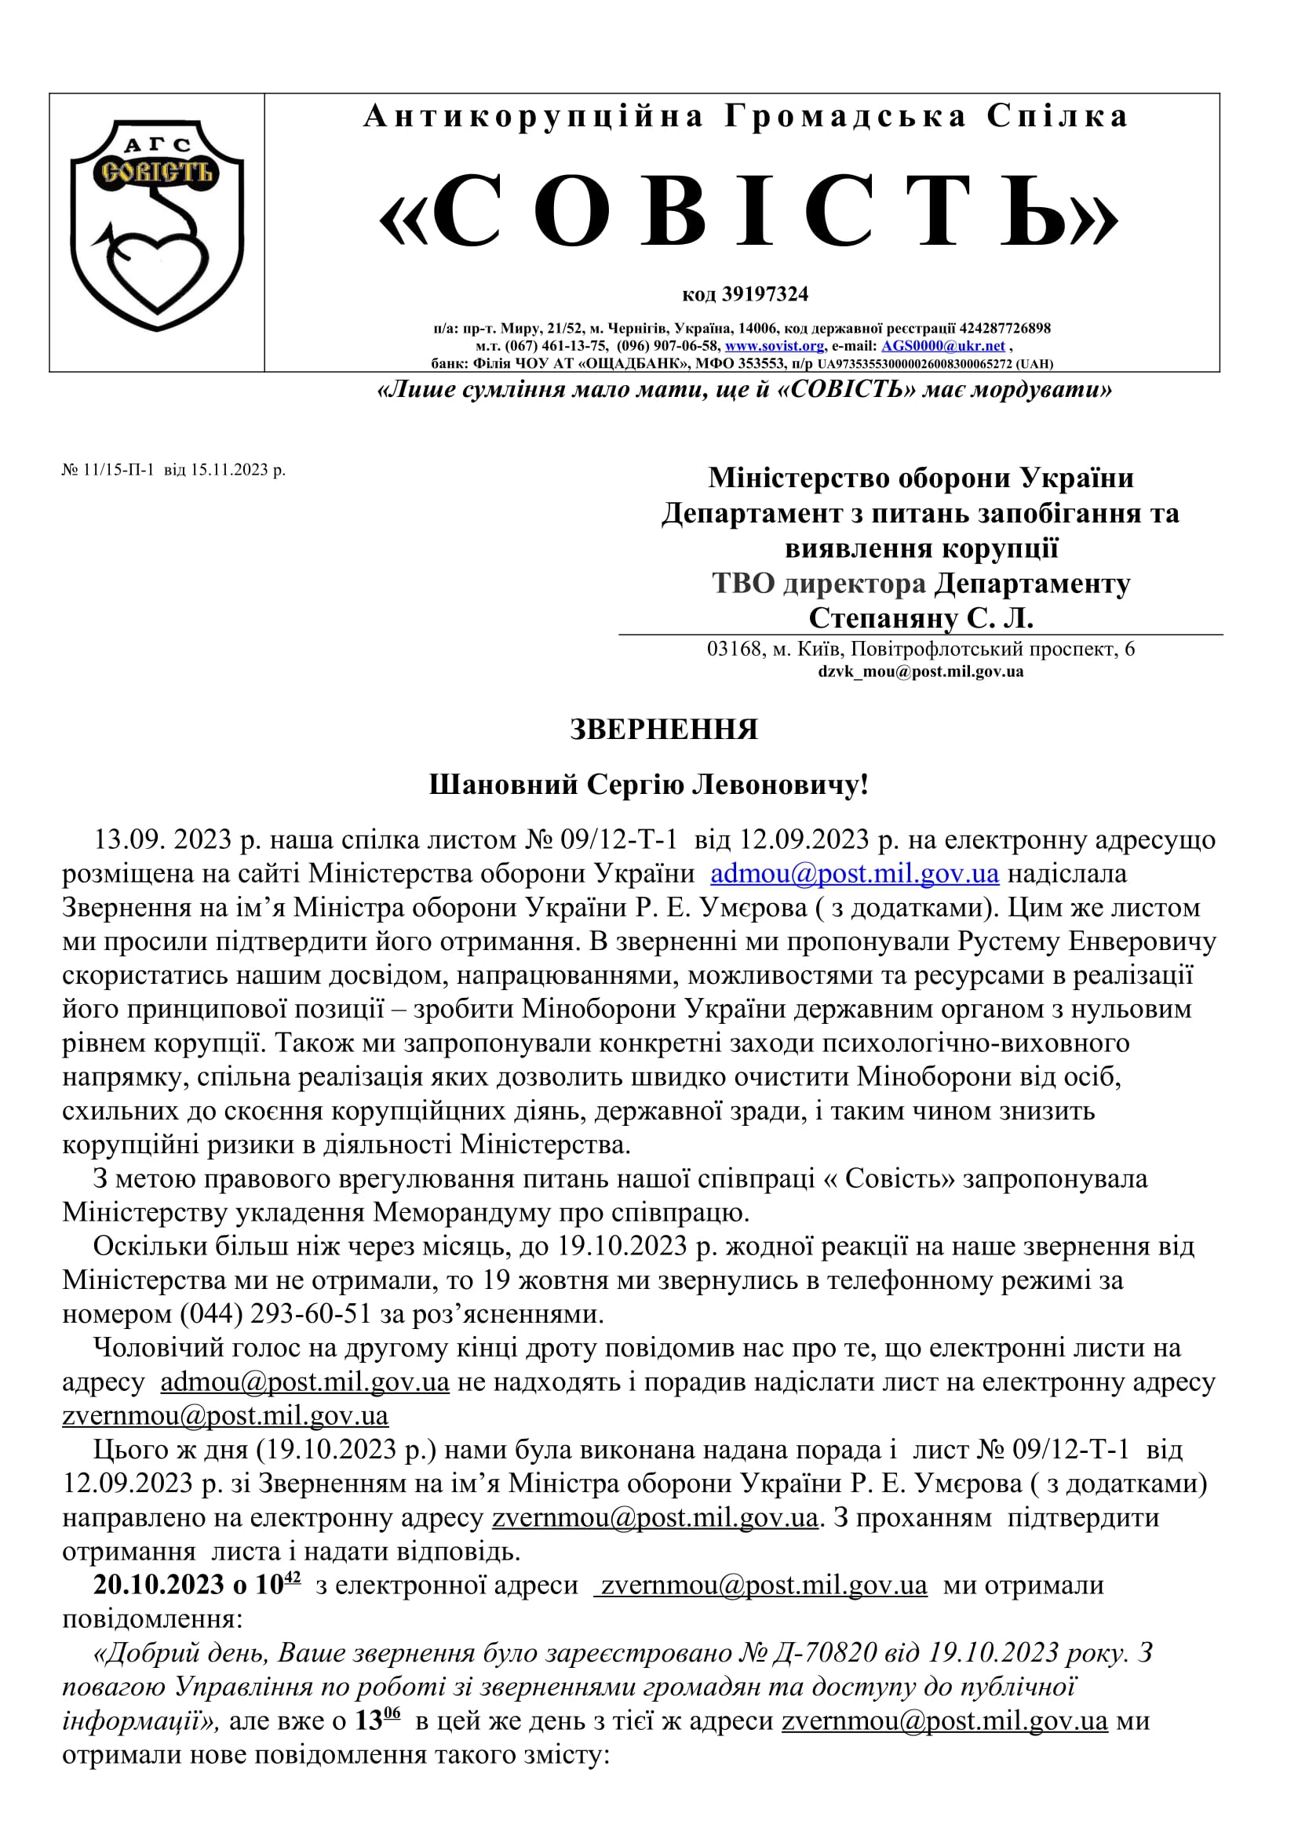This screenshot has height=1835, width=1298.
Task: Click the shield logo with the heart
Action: [157, 224]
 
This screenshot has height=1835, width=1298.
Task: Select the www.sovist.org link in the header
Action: [774, 346]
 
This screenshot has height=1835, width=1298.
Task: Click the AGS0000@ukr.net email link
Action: [943, 346]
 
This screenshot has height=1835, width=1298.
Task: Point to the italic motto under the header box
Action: [744, 390]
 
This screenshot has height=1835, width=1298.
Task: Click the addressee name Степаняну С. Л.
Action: [921, 617]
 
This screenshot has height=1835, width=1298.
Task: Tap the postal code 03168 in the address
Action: [735, 649]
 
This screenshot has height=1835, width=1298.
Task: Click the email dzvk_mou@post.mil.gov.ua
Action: [920, 672]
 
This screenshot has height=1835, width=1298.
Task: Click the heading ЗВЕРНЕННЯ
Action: [663, 730]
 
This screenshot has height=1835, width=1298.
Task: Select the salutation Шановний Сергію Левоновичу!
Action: [648, 785]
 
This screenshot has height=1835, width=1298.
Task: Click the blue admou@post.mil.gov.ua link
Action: [855, 873]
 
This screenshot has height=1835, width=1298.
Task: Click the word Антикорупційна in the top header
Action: [533, 117]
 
